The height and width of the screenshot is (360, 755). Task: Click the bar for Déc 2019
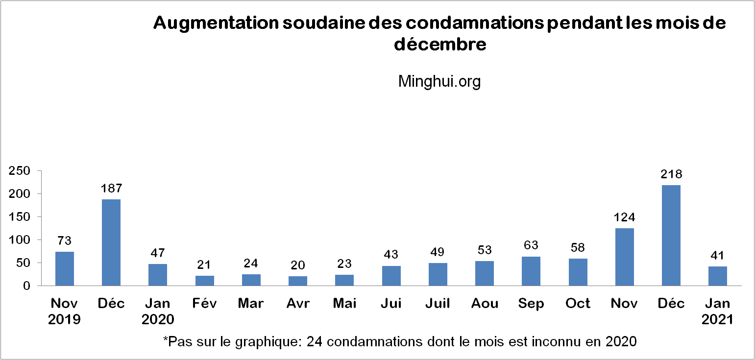tap(111, 242)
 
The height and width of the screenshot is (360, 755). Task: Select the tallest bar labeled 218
tap(671, 235)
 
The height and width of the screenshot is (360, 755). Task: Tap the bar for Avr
tap(298, 281)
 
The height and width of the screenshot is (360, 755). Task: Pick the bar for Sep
tap(531, 271)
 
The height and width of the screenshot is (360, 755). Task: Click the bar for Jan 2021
tap(717, 276)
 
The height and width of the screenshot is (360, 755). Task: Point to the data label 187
tap(111, 188)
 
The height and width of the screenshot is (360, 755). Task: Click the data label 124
tap(624, 217)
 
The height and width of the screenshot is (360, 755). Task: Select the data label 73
tap(65, 240)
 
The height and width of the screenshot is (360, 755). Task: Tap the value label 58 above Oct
tap(578, 247)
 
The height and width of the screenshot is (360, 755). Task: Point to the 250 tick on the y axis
tap(20, 171)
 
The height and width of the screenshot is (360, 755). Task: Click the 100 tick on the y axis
tap(20, 240)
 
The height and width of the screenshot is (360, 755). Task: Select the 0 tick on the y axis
tap(27, 286)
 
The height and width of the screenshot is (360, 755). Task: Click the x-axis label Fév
tap(204, 304)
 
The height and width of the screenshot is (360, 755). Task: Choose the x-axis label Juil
tap(438, 304)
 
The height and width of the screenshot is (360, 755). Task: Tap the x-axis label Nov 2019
tap(65, 312)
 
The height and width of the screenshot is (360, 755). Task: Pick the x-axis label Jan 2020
tap(158, 312)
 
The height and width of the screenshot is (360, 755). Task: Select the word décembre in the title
tap(440, 45)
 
